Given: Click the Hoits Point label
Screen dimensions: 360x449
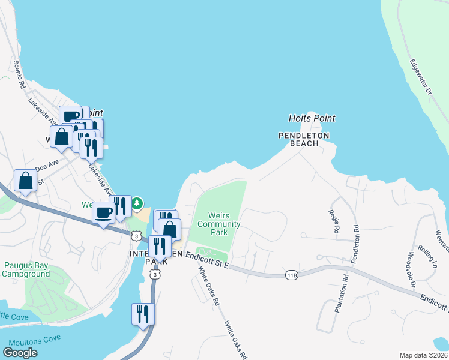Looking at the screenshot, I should coord(312,118).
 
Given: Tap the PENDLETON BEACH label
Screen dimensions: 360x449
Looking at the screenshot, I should coord(304,139).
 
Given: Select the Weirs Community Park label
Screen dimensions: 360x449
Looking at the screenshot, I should coord(218,224).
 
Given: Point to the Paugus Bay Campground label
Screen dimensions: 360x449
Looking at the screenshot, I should coord(27,269).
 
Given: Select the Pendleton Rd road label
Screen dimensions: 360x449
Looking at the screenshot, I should coord(356,238).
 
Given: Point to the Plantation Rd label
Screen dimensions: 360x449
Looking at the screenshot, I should coord(346,287).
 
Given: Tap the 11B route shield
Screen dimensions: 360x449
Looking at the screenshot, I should coord(292,275).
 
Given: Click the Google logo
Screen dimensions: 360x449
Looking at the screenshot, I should coord(20,352).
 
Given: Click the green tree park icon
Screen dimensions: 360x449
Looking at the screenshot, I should coord(138,203).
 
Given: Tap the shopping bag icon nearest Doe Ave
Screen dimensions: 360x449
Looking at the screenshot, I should coord(25,180).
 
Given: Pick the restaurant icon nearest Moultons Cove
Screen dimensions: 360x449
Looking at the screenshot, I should coord(143,314).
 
